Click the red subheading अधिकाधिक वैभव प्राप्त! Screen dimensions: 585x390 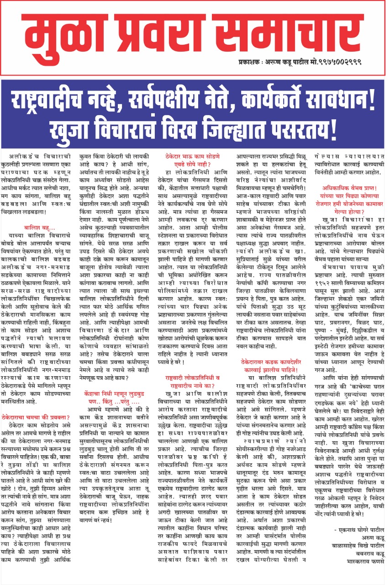(x=348, y=187)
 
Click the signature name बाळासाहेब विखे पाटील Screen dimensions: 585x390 (x=357, y=555)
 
